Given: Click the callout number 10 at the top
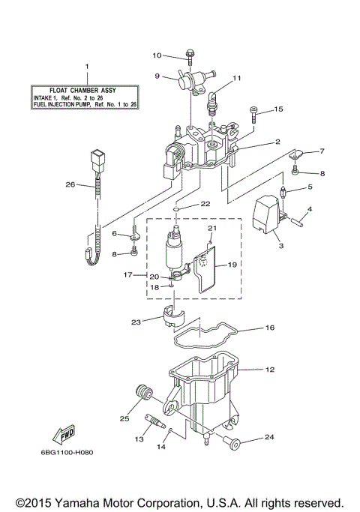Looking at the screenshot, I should click(157, 55).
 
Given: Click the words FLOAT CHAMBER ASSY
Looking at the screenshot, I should click(86, 89).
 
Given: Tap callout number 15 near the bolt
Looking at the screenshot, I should click(278, 109).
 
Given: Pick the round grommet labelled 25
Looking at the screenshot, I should click(142, 393).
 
